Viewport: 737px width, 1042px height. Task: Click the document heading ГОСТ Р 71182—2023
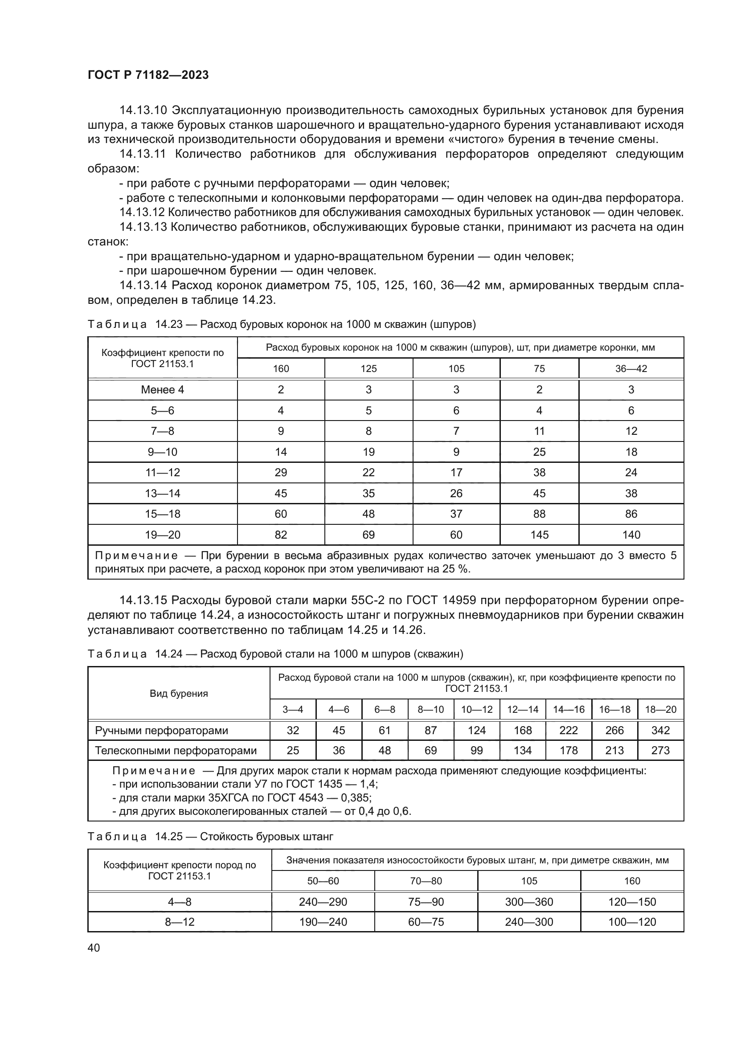(x=148, y=75)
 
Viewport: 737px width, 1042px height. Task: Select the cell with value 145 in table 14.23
(x=539, y=535)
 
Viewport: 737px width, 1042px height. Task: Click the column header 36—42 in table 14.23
(x=631, y=368)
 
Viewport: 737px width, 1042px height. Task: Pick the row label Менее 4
(x=163, y=389)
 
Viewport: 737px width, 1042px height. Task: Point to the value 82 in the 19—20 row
(x=280, y=535)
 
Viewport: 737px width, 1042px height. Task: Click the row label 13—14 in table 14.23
(x=163, y=493)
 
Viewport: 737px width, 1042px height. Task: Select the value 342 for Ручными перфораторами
(x=660, y=730)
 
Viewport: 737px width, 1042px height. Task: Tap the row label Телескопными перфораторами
(x=176, y=750)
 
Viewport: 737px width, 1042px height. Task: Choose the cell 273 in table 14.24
(x=660, y=750)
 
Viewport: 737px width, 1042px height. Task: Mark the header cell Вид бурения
(x=179, y=694)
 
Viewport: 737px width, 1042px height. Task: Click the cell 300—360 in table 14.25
(x=529, y=902)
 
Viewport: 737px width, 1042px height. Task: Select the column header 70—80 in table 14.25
(x=426, y=881)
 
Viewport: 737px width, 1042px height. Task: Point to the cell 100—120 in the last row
(x=632, y=922)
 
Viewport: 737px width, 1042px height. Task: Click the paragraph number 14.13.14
(x=143, y=286)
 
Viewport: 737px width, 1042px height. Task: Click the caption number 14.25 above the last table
(x=169, y=837)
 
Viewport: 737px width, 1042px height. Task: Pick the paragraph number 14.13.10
(x=143, y=110)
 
